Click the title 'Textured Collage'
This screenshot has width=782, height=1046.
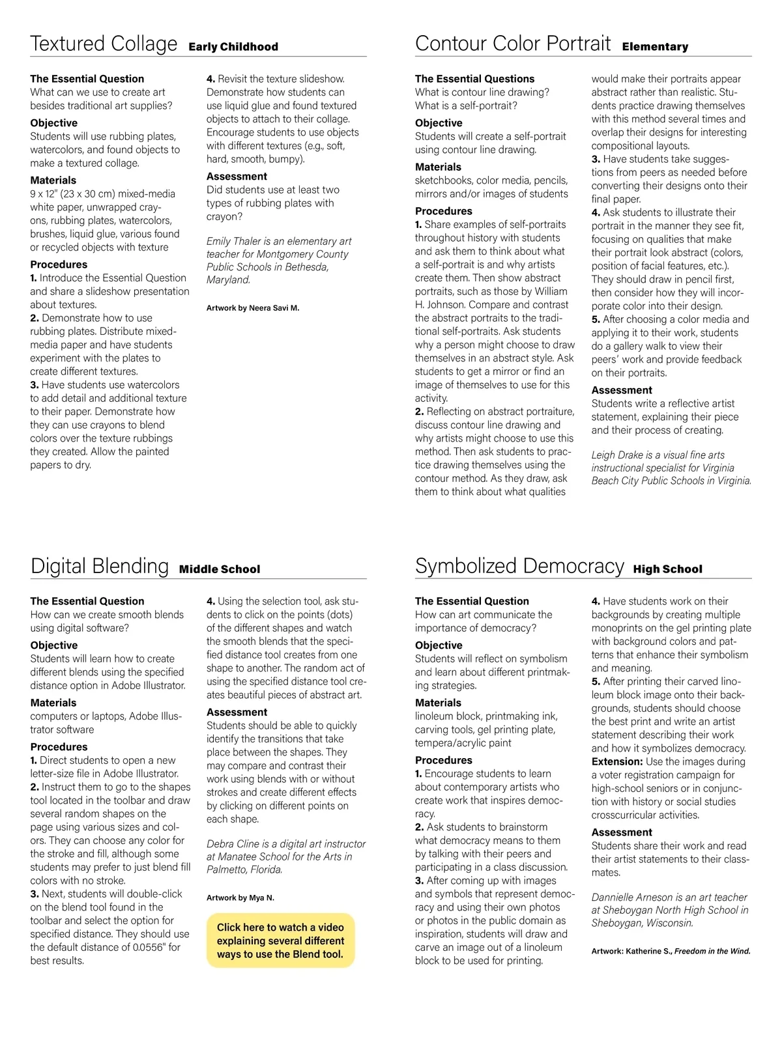coord(104,44)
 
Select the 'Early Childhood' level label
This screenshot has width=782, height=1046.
coord(233,47)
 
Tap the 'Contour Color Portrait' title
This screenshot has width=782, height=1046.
coord(513,44)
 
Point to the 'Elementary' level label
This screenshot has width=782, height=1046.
coord(655,47)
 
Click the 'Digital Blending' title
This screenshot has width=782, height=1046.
coord(100,566)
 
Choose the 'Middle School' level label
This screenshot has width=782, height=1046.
coord(220,569)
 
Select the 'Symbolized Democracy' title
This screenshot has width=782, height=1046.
coord(519,566)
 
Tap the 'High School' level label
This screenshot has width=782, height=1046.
coord(668,569)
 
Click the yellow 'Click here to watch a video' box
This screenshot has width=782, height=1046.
coord(280,940)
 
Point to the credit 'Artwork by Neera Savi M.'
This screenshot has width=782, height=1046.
coord(253,308)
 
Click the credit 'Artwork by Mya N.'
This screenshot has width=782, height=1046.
coord(240,898)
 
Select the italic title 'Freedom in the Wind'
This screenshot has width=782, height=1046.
coord(712,951)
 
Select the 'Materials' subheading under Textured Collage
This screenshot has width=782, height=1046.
coord(53,180)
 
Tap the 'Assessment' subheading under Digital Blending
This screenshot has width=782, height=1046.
coord(237,712)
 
